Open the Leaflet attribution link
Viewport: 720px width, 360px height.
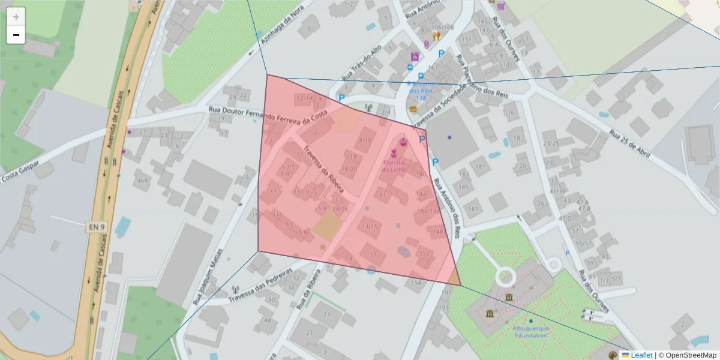click(641, 355)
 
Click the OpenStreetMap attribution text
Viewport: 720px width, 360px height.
click(689, 355)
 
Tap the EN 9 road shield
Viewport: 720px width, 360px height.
click(97, 227)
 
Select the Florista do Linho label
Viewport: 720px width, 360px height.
click(394, 166)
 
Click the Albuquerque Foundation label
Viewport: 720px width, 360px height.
click(531, 332)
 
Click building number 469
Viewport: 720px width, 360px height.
click(142, 181)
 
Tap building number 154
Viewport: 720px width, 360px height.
click(416, 282)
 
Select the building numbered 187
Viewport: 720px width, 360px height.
click(473, 209)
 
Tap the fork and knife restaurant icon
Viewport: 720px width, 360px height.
click(436, 36)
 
